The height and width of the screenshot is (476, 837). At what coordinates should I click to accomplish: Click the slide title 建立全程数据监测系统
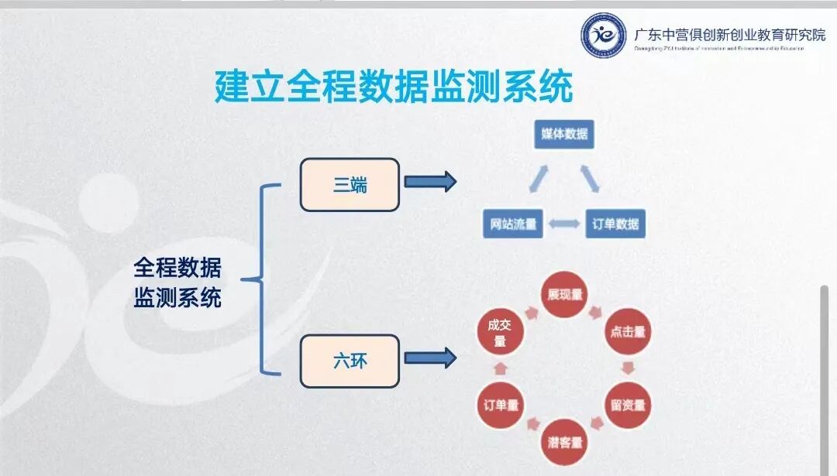click(394, 86)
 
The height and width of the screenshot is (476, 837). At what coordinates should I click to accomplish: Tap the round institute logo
click(604, 36)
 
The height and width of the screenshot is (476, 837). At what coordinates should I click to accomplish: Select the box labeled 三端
click(350, 185)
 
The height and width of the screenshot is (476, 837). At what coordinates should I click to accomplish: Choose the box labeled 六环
click(350, 361)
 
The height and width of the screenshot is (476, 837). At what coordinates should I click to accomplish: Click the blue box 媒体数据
click(564, 134)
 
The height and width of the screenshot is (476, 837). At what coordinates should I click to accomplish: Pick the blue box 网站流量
click(512, 224)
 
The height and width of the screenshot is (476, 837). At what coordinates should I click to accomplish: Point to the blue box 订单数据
click(615, 224)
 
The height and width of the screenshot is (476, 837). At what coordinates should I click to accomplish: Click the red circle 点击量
click(628, 331)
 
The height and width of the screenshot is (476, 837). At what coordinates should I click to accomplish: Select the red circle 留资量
click(628, 404)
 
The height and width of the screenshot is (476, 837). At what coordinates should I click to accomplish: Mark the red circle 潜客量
click(564, 442)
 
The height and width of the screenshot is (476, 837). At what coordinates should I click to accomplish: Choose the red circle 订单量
click(501, 404)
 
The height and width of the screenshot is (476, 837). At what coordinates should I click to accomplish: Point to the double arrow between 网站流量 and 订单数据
click(564, 225)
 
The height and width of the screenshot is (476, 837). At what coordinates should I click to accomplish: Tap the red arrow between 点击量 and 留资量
click(629, 368)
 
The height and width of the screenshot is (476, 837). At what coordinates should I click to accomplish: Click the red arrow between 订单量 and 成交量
click(500, 368)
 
